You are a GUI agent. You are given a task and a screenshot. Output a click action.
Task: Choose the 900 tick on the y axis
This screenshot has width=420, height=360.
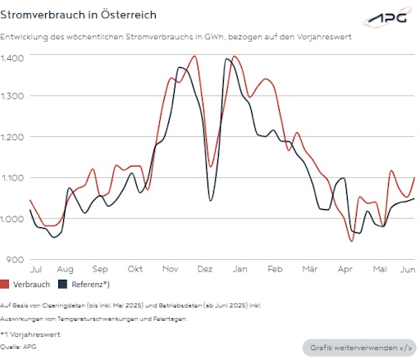click(15, 259)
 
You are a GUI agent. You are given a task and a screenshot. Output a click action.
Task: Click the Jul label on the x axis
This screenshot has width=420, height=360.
click(36, 269)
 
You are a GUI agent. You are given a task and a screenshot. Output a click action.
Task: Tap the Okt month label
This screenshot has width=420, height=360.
click(135, 269)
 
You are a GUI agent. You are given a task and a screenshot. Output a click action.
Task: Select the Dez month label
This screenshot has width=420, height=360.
click(205, 269)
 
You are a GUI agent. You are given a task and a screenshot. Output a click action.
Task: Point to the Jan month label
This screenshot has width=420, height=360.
click(240, 269)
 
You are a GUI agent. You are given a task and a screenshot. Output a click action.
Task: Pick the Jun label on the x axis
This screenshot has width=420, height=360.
click(406, 269)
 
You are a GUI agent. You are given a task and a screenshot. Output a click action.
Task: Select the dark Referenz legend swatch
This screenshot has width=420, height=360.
click(62, 285)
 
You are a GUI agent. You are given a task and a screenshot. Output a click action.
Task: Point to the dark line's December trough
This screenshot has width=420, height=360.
click(211, 200)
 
